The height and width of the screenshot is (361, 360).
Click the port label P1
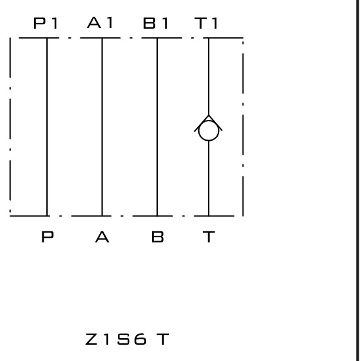pyautogui.click(x=46, y=23)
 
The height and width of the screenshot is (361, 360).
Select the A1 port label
pyautogui.click(x=100, y=23)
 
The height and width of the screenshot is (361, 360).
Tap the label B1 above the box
pyautogui.click(x=156, y=23)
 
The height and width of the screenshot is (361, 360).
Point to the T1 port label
pyautogui.click(x=206, y=23)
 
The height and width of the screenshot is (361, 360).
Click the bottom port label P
pyautogui.click(x=48, y=237)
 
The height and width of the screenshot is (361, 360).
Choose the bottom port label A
pyautogui.click(x=102, y=237)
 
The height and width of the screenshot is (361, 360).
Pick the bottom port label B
pyautogui.click(x=158, y=237)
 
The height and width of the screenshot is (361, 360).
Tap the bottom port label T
pyautogui.click(x=209, y=237)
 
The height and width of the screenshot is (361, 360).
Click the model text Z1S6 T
pyautogui.click(x=127, y=339)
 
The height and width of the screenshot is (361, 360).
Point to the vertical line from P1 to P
pyautogui.click(x=47, y=127)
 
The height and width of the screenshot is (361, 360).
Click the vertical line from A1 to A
pyautogui.click(x=102, y=127)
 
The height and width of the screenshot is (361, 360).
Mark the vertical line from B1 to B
pyautogui.click(x=157, y=127)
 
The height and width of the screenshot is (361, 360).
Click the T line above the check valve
pyautogui.click(x=209, y=76)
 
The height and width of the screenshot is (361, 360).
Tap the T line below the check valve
pyautogui.click(x=209, y=179)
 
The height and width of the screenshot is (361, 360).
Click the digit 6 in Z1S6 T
pyautogui.click(x=140, y=339)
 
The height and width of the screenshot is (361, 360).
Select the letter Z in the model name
pyautogui.click(x=91, y=339)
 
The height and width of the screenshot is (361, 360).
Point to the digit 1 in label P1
pyautogui.click(x=55, y=23)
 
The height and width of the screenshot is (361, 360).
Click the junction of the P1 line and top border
pyautogui.click(x=47, y=38)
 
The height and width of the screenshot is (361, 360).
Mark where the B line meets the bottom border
pyautogui.click(x=157, y=216)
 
